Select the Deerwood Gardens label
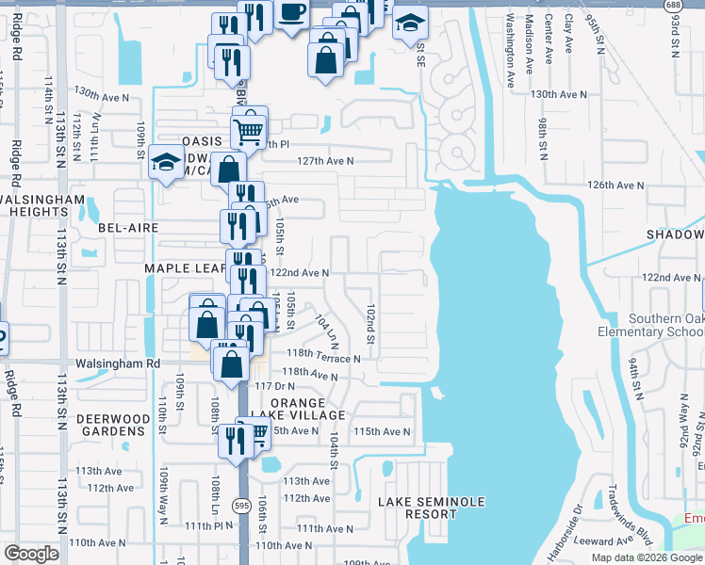click(113, 425)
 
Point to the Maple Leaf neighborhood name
click(182, 268)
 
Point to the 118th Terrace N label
click(324, 358)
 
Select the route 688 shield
click(672, 6)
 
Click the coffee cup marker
click(291, 13)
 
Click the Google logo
click(31, 554)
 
